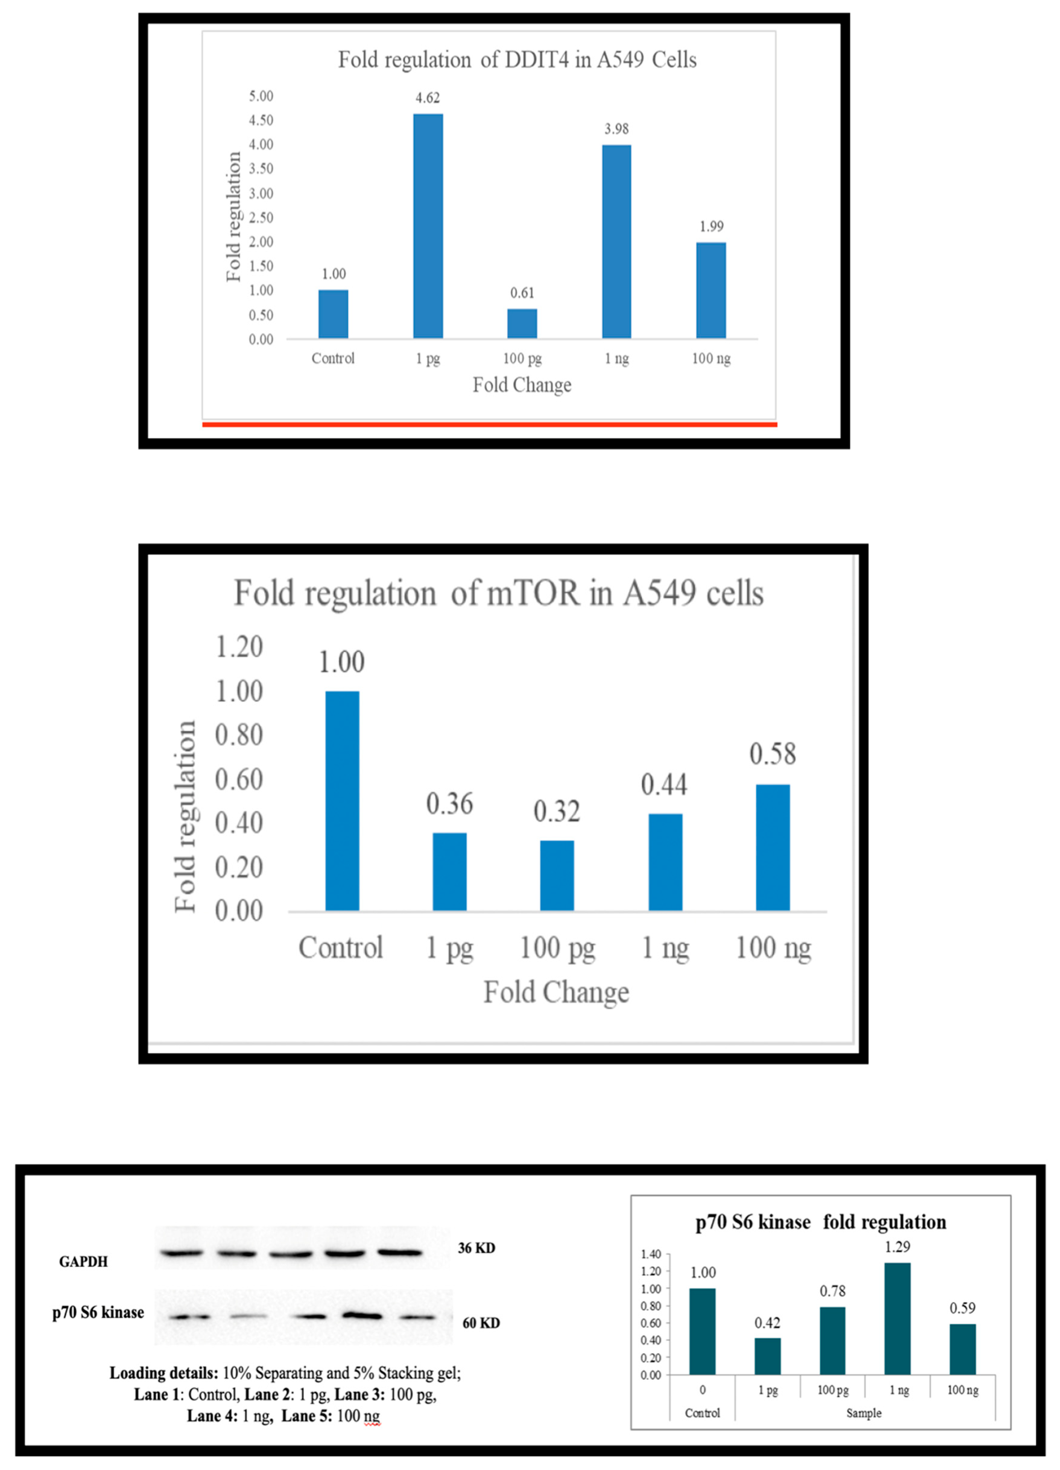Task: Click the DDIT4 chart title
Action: pyautogui.click(x=517, y=60)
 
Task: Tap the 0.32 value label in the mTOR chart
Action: pyautogui.click(x=556, y=811)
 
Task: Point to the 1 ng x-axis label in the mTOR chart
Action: pyautogui.click(x=665, y=948)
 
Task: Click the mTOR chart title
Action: pyautogui.click(x=498, y=593)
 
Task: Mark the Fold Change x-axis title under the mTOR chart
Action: pyautogui.click(x=556, y=992)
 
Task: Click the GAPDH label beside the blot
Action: pyautogui.click(x=83, y=1261)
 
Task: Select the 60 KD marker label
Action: pyautogui.click(x=481, y=1323)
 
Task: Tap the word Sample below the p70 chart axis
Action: pyautogui.click(x=864, y=1413)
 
